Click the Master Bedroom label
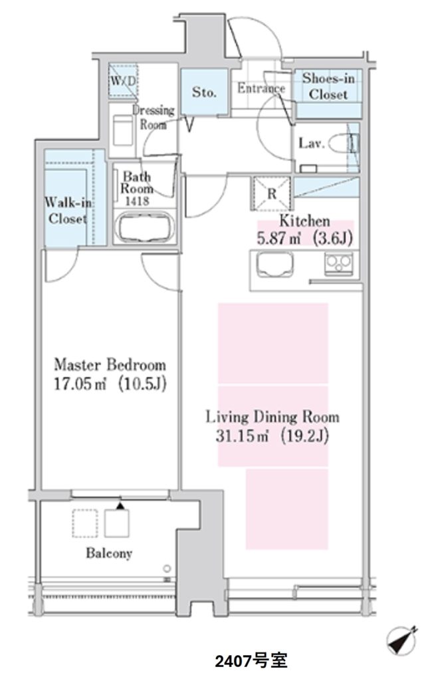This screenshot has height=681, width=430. pyautogui.click(x=110, y=364)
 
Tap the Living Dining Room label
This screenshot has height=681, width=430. pyautogui.click(x=272, y=417)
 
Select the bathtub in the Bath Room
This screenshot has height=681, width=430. pyautogui.click(x=146, y=227)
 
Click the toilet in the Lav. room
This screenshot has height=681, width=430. pyautogui.click(x=343, y=144)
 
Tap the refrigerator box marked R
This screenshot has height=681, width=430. pyautogui.click(x=271, y=194)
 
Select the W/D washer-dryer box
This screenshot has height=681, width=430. pyautogui.click(x=123, y=80)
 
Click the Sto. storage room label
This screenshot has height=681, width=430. pyautogui.click(x=204, y=92)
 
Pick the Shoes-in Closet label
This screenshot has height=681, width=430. pyautogui.click(x=328, y=86)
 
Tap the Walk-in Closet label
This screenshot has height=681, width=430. pyautogui.click(x=68, y=211)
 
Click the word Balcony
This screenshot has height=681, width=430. pyautogui.click(x=109, y=553)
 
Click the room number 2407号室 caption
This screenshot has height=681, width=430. pyautogui.click(x=251, y=661)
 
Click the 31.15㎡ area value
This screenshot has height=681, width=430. pyautogui.click(x=242, y=436)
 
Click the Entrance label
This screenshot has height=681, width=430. pyautogui.click(x=261, y=88)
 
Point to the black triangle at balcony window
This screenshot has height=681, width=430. pyautogui.click(x=120, y=505)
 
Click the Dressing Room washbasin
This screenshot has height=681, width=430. pyautogui.click(x=122, y=130)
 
